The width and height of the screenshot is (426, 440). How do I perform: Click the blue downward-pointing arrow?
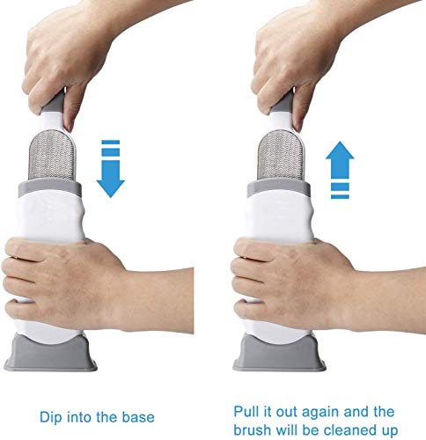(111, 169)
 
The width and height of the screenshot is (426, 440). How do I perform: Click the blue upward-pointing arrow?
(340, 170)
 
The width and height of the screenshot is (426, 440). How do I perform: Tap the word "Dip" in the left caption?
(49, 418)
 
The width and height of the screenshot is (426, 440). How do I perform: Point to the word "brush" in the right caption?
(252, 430)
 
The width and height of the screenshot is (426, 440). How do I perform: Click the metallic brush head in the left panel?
(52, 155)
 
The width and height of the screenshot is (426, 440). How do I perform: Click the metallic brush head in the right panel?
(281, 155)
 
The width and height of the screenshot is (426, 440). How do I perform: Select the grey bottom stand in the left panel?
(50, 352)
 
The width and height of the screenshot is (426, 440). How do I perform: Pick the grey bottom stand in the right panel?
(279, 352)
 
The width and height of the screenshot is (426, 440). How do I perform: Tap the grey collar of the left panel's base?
(50, 187)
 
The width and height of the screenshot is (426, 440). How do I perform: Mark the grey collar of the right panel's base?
(278, 187)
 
